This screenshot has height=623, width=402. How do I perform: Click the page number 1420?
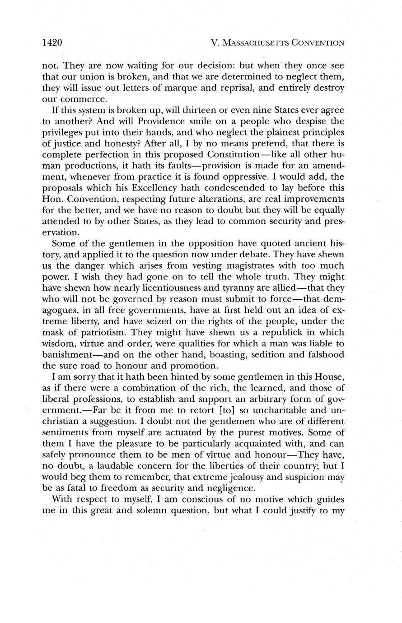click(x=51, y=43)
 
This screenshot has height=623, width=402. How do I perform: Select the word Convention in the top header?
click(x=318, y=43)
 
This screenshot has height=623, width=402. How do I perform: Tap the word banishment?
click(x=72, y=354)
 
